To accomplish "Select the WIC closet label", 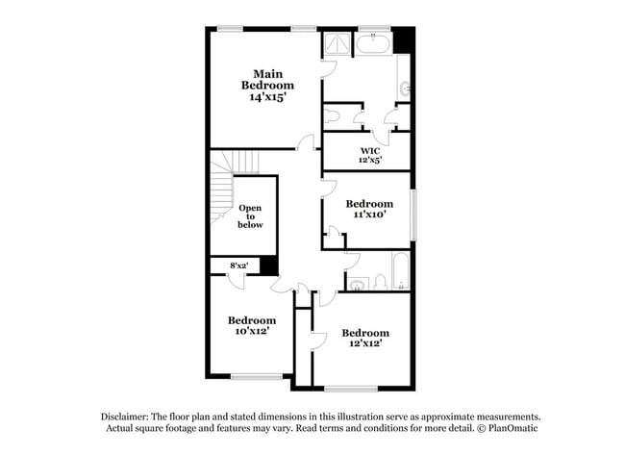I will point(370,151).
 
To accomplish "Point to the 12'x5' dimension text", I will point(370,161).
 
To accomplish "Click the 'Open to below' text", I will point(250,216).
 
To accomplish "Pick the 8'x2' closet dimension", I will point(237,265).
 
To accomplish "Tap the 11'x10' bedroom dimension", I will point(370,215).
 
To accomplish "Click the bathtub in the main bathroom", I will point(372,43).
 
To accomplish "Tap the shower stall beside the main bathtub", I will point(337,42).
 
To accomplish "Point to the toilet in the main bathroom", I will point(332,116).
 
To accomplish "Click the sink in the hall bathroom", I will point(358,283).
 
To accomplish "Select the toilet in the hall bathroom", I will point(380,282).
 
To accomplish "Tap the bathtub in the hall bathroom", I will point(402,270).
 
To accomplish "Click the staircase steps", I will point(223,183).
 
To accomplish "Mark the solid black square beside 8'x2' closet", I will point(269,265).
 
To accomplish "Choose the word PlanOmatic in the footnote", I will point(510,428).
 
